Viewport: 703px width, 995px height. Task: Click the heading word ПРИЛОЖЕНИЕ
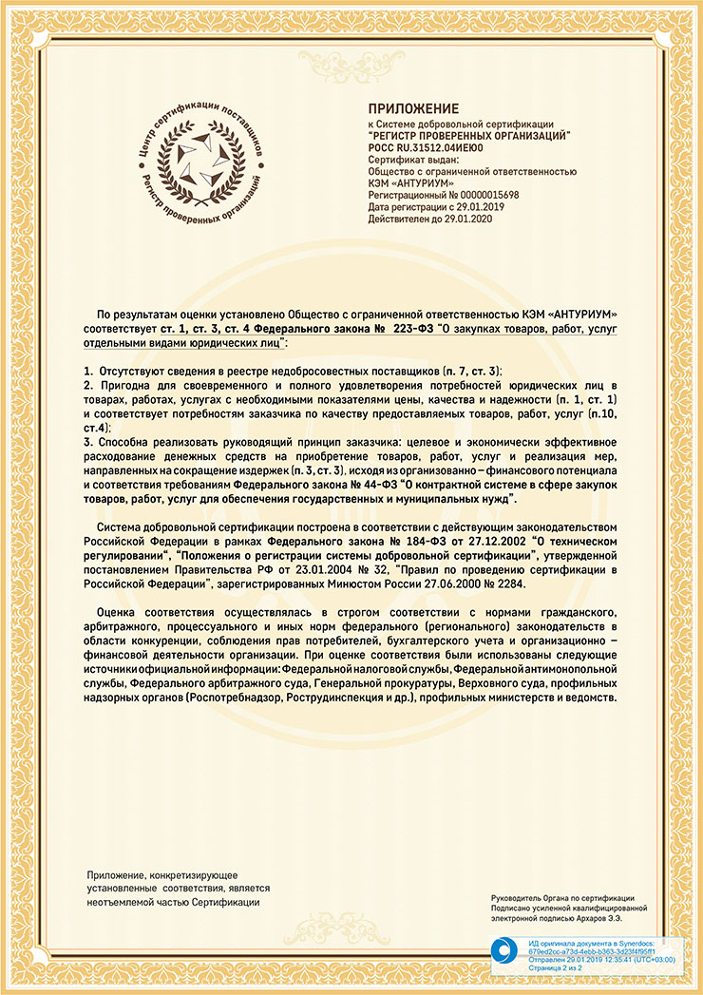413,108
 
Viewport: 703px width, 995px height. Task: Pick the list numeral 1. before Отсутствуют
87,368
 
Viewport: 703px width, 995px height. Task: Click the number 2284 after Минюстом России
494,584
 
